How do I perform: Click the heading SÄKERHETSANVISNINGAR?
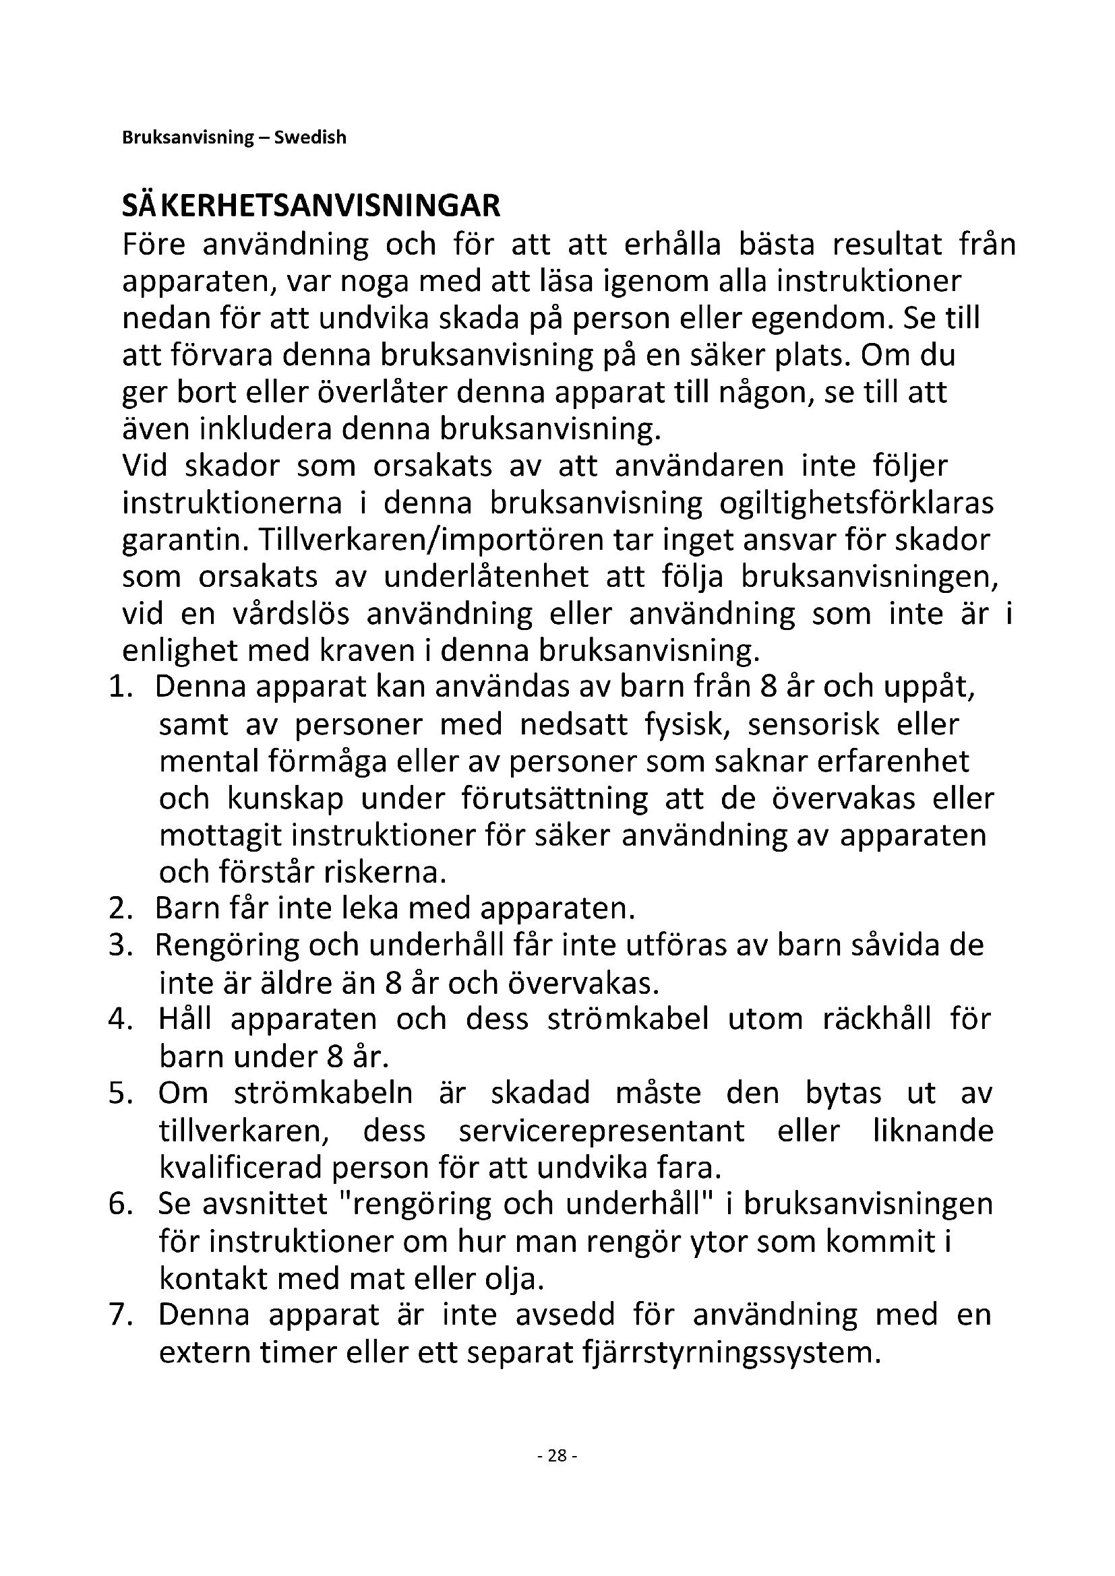click(x=311, y=206)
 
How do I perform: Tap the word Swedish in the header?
click(x=310, y=137)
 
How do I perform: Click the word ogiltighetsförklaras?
click(x=856, y=503)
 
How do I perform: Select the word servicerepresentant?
click(x=601, y=1131)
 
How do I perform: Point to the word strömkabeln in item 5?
click(x=324, y=1094)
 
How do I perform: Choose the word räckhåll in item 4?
click(x=877, y=1019)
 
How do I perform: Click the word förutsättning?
click(x=554, y=798)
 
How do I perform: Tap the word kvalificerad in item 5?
click(x=240, y=1168)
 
